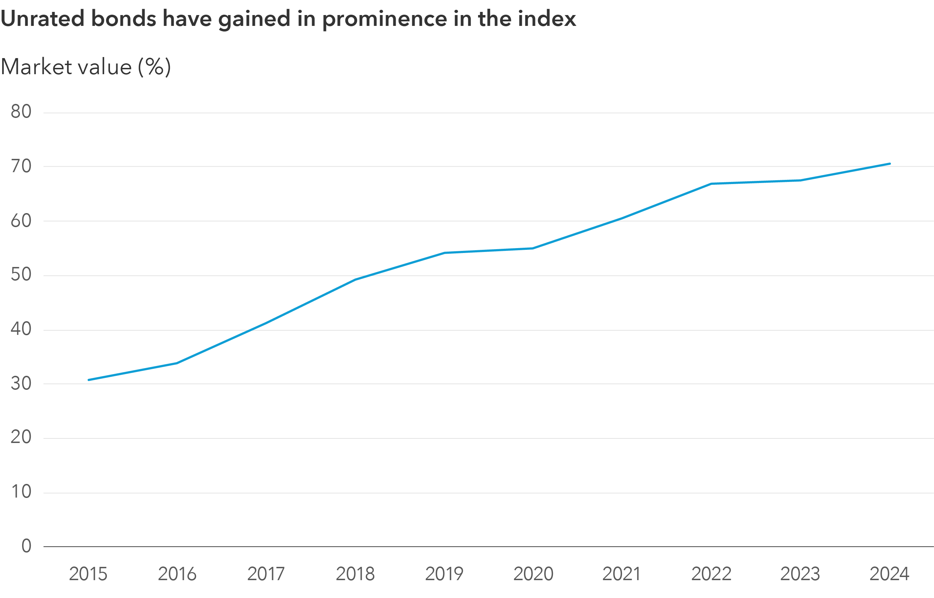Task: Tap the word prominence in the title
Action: pos(385,18)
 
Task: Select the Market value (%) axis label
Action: pos(85,67)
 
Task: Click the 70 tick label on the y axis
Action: pos(21,166)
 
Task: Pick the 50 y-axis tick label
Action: pos(21,275)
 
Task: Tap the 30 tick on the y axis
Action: pos(21,384)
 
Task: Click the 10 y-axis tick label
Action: pos(21,492)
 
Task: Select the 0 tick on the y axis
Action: pos(26,546)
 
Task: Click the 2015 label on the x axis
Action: pos(88,574)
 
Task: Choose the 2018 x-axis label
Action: pos(355,574)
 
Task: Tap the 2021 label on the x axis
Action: pos(621,574)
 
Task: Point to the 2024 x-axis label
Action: pos(889,574)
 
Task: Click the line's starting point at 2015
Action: pos(89,380)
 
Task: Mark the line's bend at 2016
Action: pos(177,363)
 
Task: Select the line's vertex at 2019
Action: pos(444,253)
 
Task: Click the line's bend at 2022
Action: pos(711,184)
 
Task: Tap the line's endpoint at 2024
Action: pos(889,164)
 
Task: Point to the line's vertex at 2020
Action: pos(533,248)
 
